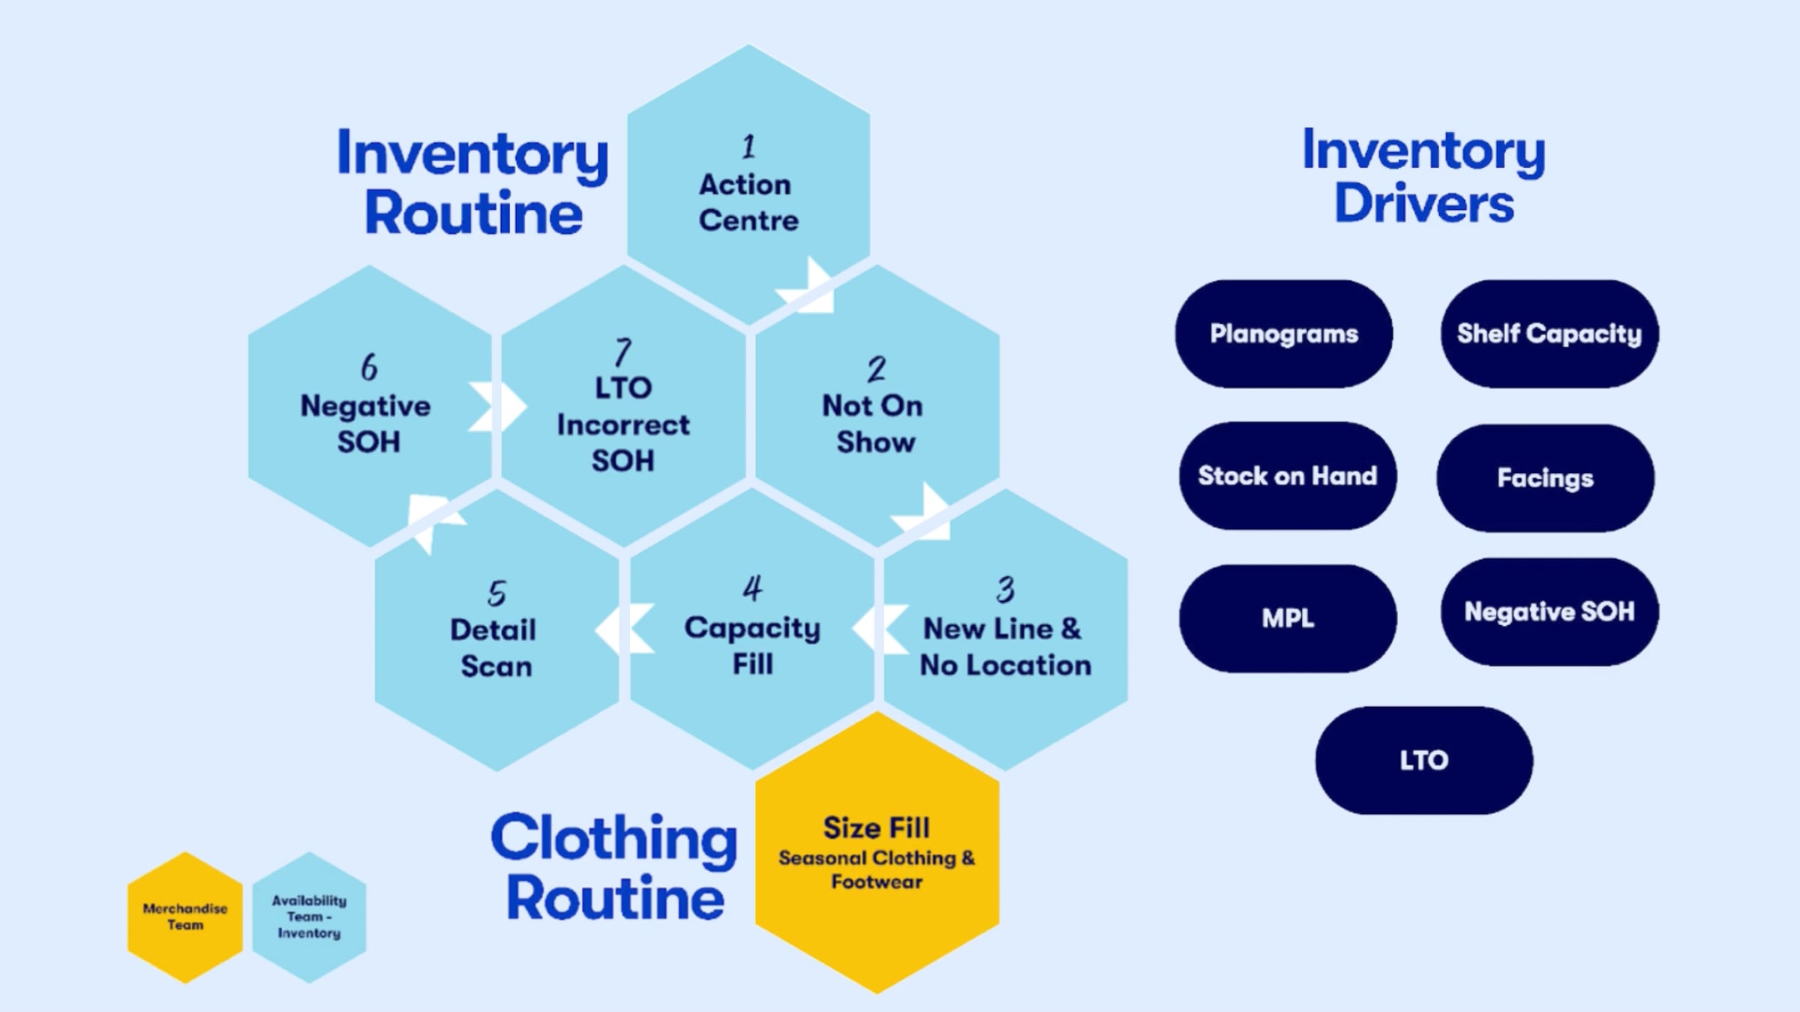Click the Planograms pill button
click(1283, 334)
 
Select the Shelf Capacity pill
click(1549, 334)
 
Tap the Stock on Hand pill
click(1287, 476)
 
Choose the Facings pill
click(1545, 478)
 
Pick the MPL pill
click(1287, 618)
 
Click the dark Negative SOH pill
click(1549, 612)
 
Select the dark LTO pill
click(1423, 760)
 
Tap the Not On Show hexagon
click(876, 409)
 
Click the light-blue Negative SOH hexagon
click(368, 409)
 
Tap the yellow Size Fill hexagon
click(876, 855)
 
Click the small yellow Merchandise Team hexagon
click(185, 917)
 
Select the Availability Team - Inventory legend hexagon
click(309, 917)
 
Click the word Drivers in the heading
click(1423, 204)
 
